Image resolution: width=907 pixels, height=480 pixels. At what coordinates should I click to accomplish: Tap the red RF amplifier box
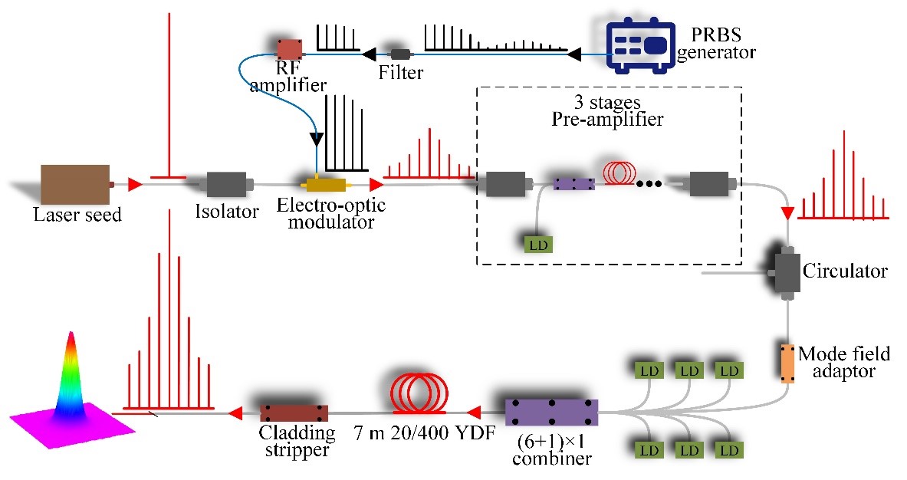[291, 49]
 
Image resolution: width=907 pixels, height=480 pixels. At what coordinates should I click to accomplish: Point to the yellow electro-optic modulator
[326, 184]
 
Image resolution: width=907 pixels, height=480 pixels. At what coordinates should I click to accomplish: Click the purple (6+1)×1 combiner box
[551, 413]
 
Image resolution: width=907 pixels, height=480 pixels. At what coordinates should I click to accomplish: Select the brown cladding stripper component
[294, 413]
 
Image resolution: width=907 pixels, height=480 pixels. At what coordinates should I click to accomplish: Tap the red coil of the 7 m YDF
[419, 393]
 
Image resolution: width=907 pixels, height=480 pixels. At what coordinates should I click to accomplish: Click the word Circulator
[845, 271]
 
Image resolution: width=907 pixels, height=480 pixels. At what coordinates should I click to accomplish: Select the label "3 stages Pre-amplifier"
[609, 110]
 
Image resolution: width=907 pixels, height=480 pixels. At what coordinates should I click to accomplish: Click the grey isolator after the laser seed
[227, 184]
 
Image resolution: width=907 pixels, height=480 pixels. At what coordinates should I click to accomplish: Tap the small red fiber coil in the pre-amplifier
[619, 173]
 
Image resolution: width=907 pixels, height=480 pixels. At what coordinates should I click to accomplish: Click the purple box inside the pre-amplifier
[574, 184]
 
